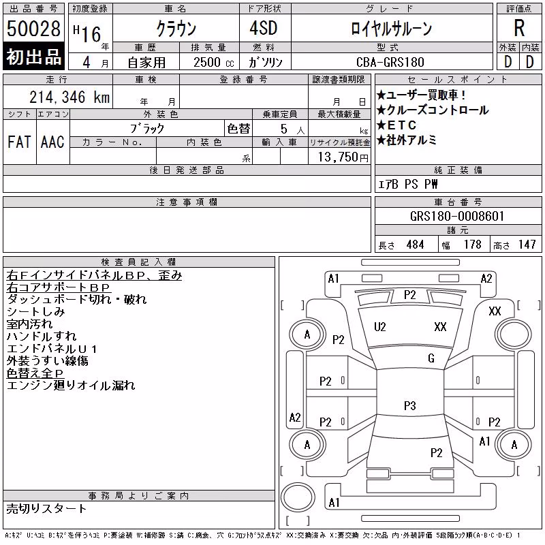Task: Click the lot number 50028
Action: coord(33,28)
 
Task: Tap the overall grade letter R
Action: coord(519,28)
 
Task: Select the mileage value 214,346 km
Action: coord(69,97)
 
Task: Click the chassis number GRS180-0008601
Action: coord(457,216)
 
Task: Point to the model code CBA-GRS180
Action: coord(390,62)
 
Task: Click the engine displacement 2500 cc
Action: coord(213,62)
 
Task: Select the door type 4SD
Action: coord(264,28)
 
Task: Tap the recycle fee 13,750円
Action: coord(343,157)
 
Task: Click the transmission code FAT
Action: coord(19,142)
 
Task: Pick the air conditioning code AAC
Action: coord(52,142)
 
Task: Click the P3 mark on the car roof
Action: coord(410,405)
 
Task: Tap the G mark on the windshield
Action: coord(431,358)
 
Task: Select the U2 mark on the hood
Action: coord(380,327)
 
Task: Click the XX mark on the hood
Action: coord(440,327)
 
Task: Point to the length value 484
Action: coord(415,245)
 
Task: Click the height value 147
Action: coord(527,245)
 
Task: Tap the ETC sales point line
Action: coord(396,125)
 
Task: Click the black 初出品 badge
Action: coord(33,57)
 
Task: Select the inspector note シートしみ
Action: coord(36,312)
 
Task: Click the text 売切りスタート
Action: coord(46,509)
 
